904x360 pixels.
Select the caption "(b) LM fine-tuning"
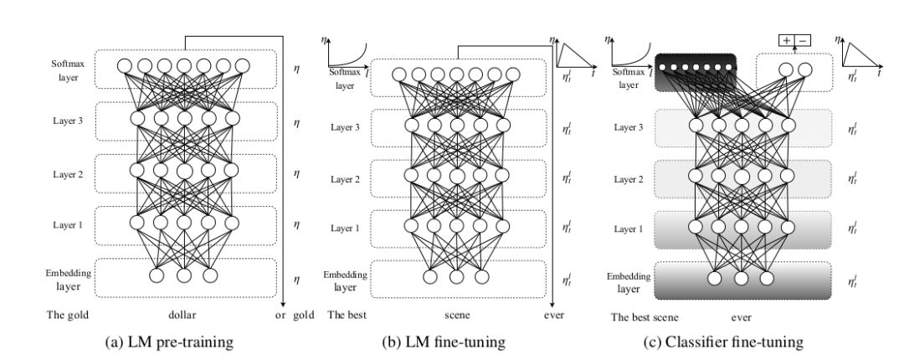click(x=456, y=342)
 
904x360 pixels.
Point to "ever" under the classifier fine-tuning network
click(x=742, y=317)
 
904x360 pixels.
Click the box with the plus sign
click(x=787, y=40)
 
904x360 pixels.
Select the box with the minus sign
click(x=803, y=40)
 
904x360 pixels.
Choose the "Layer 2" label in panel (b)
click(x=345, y=179)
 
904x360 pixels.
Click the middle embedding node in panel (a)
click(x=183, y=275)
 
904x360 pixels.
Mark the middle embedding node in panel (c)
click(x=741, y=278)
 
